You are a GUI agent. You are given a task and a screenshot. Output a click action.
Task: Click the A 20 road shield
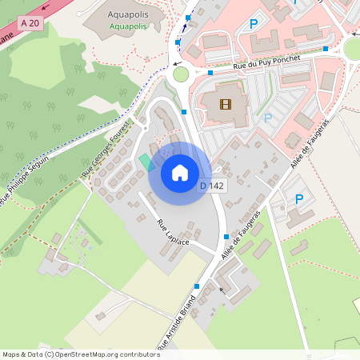pos(30,23)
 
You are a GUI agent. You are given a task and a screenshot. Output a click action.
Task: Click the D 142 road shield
pos(211,186)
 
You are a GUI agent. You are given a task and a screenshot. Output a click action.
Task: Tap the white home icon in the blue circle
pos(180,172)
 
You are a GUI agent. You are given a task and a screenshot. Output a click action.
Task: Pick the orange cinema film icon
pos(225,103)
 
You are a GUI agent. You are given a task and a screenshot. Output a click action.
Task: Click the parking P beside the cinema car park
pos(268,118)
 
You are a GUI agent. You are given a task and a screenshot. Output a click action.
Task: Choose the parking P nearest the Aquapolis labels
pos(254,25)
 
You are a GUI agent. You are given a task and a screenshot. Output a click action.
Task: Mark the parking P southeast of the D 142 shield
pos(299,198)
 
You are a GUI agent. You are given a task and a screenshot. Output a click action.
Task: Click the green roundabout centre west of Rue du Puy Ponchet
pos(181,74)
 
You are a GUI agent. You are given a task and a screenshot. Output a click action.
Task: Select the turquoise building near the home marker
pos(145,161)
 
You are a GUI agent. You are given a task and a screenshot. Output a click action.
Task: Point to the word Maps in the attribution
pos(11,354)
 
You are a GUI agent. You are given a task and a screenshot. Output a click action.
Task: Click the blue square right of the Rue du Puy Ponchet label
pos(326,49)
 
